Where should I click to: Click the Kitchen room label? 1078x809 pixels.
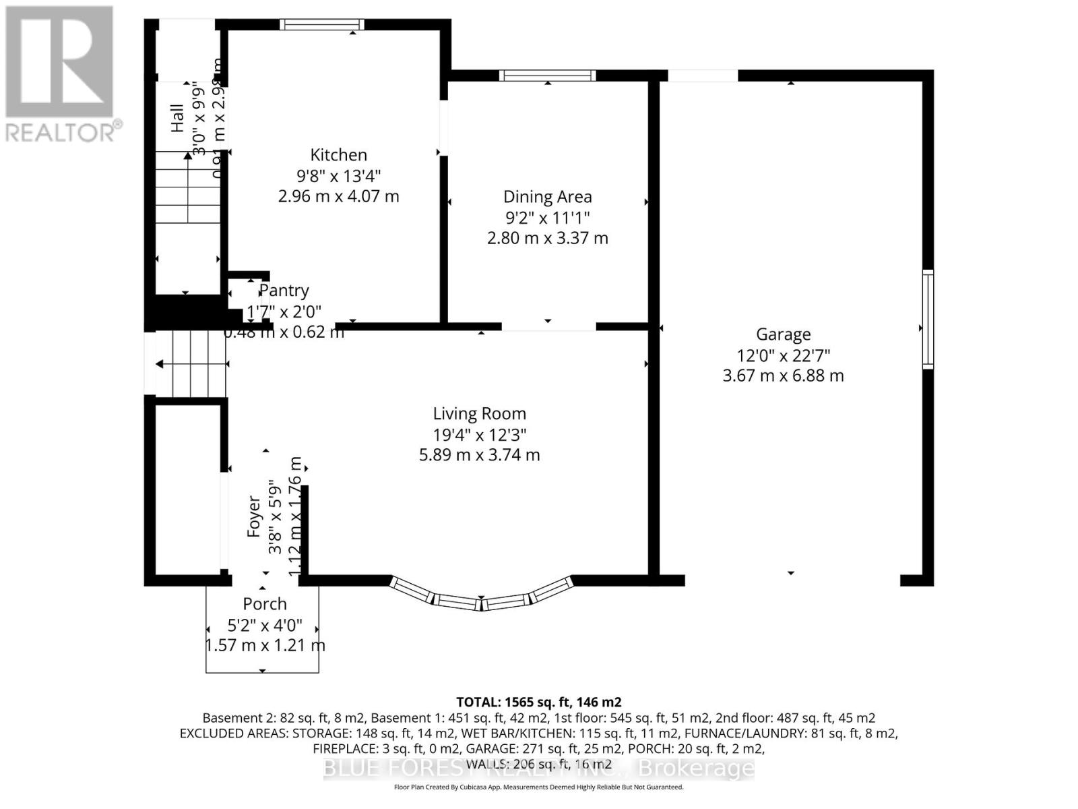click(338, 155)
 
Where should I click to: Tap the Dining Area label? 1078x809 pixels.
click(547, 197)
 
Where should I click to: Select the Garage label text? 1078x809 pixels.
click(783, 334)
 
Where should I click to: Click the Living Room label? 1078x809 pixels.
click(479, 414)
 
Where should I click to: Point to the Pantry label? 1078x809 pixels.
click(284, 291)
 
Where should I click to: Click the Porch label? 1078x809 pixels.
click(265, 604)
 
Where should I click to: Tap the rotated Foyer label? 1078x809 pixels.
click(253, 516)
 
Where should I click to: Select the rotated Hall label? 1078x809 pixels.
click(177, 118)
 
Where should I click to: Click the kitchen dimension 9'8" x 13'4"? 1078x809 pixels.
click(338, 176)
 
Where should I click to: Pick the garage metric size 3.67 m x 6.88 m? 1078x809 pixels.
click(783, 376)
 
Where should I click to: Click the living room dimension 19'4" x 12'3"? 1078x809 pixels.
click(479, 435)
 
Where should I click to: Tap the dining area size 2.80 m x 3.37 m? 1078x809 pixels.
click(547, 239)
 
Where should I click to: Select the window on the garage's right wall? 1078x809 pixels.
click(928, 318)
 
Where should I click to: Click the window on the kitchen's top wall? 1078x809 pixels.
click(322, 25)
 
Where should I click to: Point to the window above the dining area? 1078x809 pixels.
click(547, 75)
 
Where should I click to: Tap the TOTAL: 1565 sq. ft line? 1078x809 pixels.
click(538, 702)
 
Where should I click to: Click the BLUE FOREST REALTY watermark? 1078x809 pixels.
click(538, 768)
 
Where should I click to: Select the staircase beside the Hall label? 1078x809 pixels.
click(188, 189)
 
